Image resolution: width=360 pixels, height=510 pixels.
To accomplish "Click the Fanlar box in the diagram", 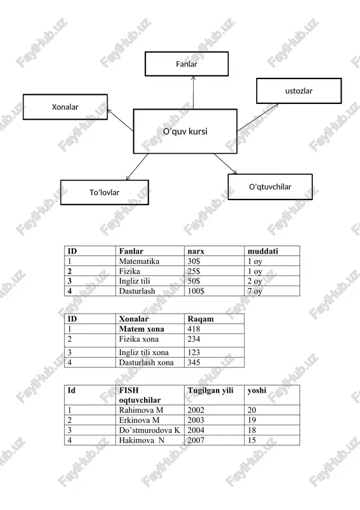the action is (187, 64).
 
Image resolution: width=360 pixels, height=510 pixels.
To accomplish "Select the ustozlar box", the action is (299, 91).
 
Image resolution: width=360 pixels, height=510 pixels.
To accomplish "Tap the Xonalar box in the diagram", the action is (65, 106).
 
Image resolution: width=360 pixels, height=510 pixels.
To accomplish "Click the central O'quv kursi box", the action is (185, 131).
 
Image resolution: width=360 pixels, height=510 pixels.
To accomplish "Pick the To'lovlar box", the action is (104, 193).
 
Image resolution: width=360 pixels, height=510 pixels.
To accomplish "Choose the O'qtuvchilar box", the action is (270, 187).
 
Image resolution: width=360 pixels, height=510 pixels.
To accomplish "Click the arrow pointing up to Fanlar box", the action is (193, 92).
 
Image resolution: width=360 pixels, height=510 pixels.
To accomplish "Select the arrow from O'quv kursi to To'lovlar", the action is (137, 167).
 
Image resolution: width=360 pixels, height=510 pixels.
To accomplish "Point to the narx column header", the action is (196, 251).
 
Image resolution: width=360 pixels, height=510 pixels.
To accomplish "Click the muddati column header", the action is (263, 251).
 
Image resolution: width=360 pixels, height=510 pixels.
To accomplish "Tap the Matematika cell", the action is (139, 261).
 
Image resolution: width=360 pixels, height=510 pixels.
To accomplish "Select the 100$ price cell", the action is (196, 291).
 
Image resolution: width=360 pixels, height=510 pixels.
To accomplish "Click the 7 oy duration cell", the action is (255, 291).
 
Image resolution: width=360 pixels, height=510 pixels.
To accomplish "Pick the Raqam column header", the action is (201, 319).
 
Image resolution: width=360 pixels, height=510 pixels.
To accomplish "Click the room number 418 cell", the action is (194, 329).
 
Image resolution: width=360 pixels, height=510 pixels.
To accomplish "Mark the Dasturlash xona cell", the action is (147, 362).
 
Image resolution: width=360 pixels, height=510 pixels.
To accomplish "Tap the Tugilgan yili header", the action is (210, 390).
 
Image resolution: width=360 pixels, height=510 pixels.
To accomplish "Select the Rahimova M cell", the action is (141, 410).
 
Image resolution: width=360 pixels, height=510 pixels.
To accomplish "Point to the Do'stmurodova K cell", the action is (149, 430).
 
